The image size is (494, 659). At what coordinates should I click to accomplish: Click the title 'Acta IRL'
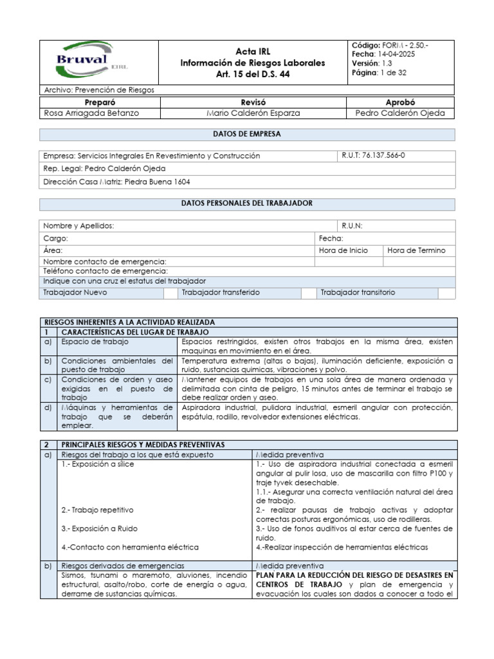point(252,51)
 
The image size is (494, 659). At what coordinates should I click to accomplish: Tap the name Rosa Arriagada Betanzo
point(91,113)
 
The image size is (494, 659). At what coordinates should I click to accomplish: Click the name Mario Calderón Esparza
point(253,113)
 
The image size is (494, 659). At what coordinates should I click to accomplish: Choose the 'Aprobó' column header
point(400,102)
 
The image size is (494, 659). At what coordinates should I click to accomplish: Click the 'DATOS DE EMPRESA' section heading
point(247,135)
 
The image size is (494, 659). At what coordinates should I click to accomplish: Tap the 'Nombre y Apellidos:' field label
point(78,226)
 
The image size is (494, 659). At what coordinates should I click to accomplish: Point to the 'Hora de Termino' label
point(416,250)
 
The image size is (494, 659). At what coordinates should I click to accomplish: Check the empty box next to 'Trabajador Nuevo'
point(170,293)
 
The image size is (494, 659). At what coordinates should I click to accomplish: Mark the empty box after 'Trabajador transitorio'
point(446,293)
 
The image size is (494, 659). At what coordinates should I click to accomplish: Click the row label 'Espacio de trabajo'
point(95,342)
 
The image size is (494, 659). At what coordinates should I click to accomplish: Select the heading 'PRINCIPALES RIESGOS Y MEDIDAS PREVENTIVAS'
point(142,445)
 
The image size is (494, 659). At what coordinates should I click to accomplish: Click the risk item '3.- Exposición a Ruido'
point(100,528)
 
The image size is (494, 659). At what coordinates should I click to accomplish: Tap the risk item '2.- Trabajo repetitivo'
point(98,510)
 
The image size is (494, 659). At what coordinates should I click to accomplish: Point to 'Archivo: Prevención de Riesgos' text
point(98,90)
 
